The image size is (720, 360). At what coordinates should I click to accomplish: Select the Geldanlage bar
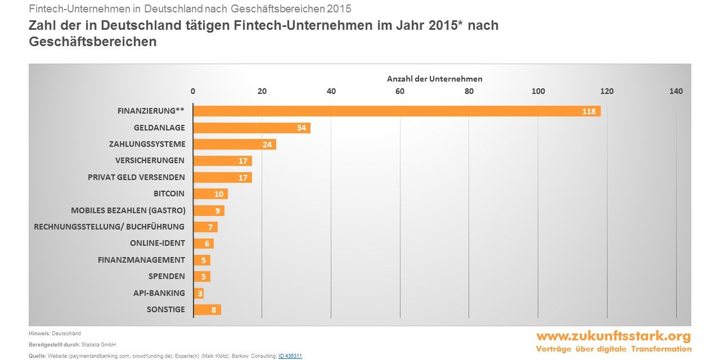251,128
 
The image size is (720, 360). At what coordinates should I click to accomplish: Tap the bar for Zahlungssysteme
235,145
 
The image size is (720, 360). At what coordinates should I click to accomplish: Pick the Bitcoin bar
210,194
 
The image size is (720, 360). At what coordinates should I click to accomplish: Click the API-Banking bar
199,293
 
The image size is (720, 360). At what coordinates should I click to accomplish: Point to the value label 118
588,111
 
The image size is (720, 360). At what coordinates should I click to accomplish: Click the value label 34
301,128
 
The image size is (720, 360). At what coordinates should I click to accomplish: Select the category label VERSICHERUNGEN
150,160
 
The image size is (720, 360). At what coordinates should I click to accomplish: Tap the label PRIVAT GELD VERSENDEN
136,177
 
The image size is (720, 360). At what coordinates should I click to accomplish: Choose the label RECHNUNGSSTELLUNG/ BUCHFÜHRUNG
109,227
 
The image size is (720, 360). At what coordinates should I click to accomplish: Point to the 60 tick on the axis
400,91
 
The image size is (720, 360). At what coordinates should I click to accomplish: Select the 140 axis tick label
676,91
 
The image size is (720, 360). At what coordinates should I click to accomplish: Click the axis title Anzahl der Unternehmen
434,79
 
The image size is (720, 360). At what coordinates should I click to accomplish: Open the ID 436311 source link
290,356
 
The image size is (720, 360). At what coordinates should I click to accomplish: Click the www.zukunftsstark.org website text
613,336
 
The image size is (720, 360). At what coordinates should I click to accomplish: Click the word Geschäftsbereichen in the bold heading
93,42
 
